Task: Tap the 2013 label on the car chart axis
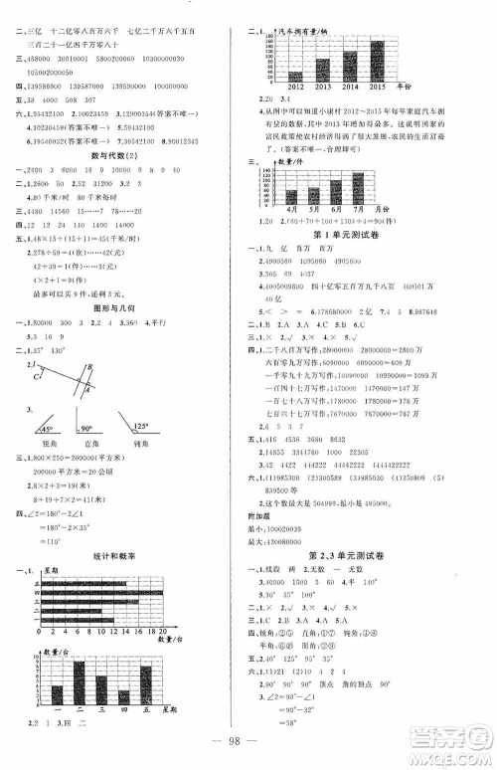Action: click(x=323, y=88)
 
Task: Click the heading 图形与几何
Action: click(x=113, y=307)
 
